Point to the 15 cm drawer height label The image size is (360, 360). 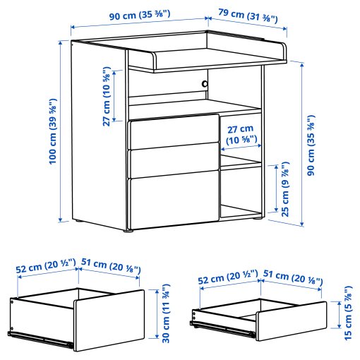[347, 311]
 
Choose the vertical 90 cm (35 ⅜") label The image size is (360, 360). [311, 140]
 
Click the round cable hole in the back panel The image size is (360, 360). [205, 83]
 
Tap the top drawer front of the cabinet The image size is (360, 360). [172, 133]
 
